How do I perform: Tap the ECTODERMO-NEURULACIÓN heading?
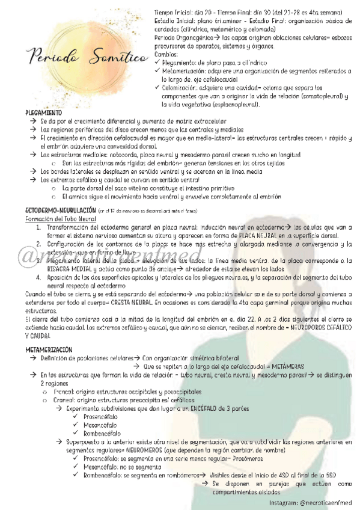point(58,210)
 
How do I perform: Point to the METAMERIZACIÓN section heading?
point(49,349)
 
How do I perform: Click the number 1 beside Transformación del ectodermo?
point(38,228)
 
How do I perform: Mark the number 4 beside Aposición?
point(38,278)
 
